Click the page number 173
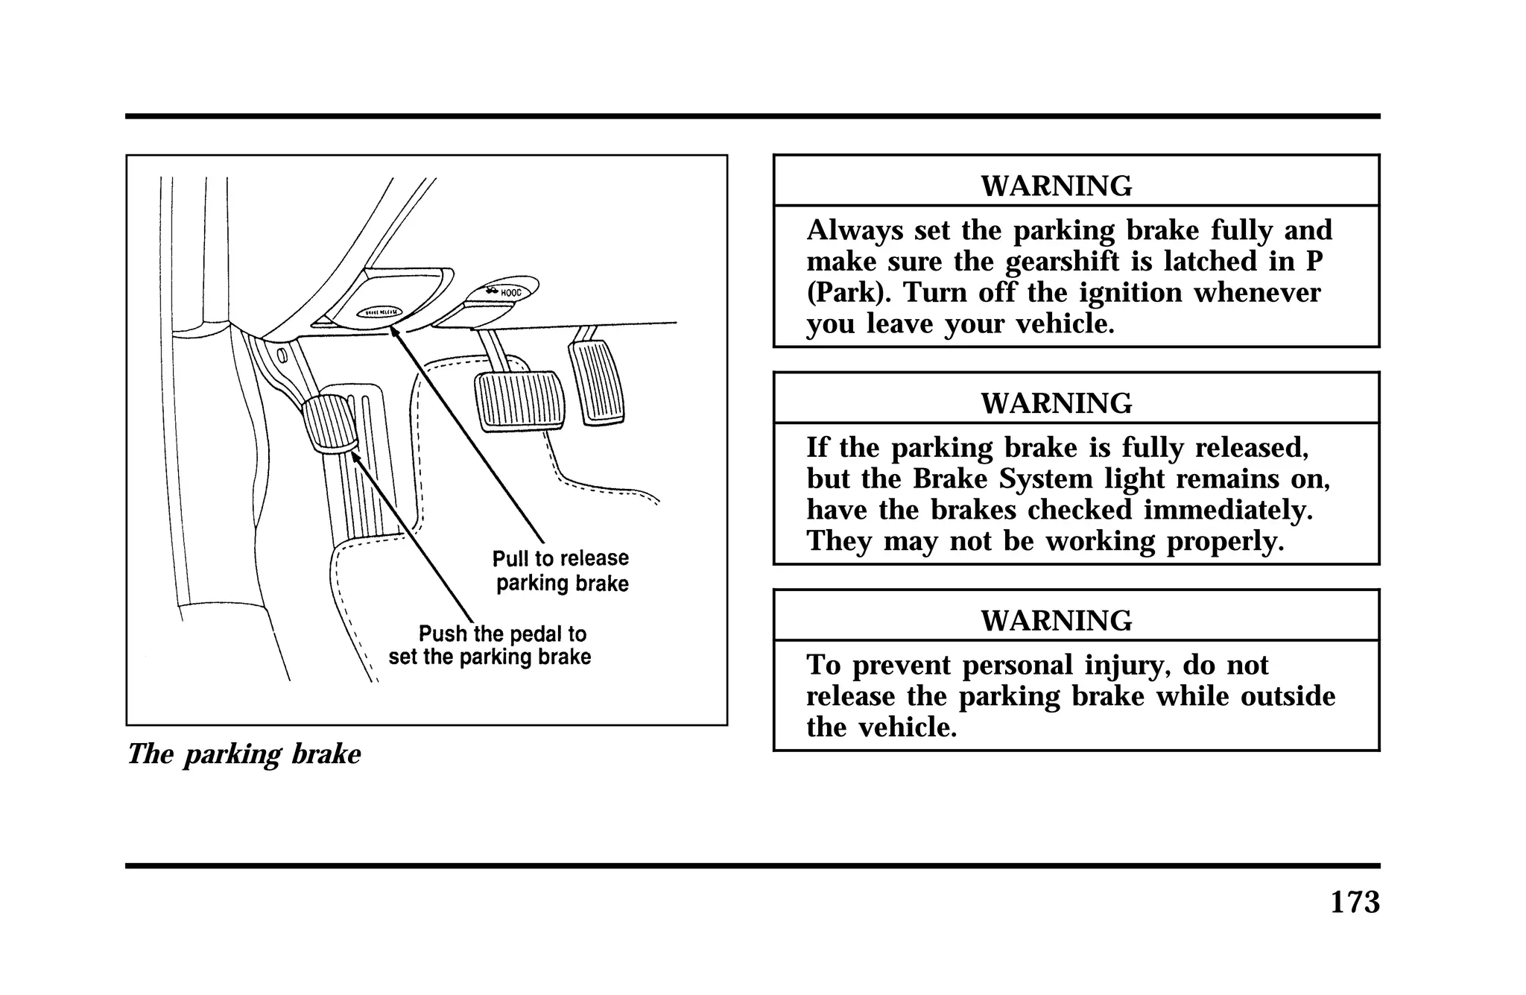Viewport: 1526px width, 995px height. coord(1355,902)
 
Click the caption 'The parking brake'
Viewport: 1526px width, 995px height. coord(244,754)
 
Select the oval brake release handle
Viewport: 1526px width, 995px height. coord(380,312)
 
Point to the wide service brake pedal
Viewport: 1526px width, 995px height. coord(519,400)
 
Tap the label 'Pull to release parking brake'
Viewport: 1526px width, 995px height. coord(561,571)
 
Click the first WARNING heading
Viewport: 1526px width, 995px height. coord(1056,186)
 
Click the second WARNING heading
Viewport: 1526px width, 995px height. coord(1056,403)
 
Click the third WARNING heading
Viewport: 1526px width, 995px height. coord(1056,621)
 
